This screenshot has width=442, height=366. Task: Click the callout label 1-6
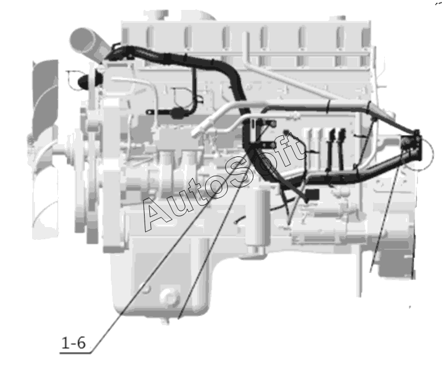click(x=73, y=343)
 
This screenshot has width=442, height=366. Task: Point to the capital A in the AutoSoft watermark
click(x=156, y=214)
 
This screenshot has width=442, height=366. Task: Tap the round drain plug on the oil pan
click(x=169, y=297)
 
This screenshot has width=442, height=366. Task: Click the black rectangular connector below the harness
click(x=313, y=194)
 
